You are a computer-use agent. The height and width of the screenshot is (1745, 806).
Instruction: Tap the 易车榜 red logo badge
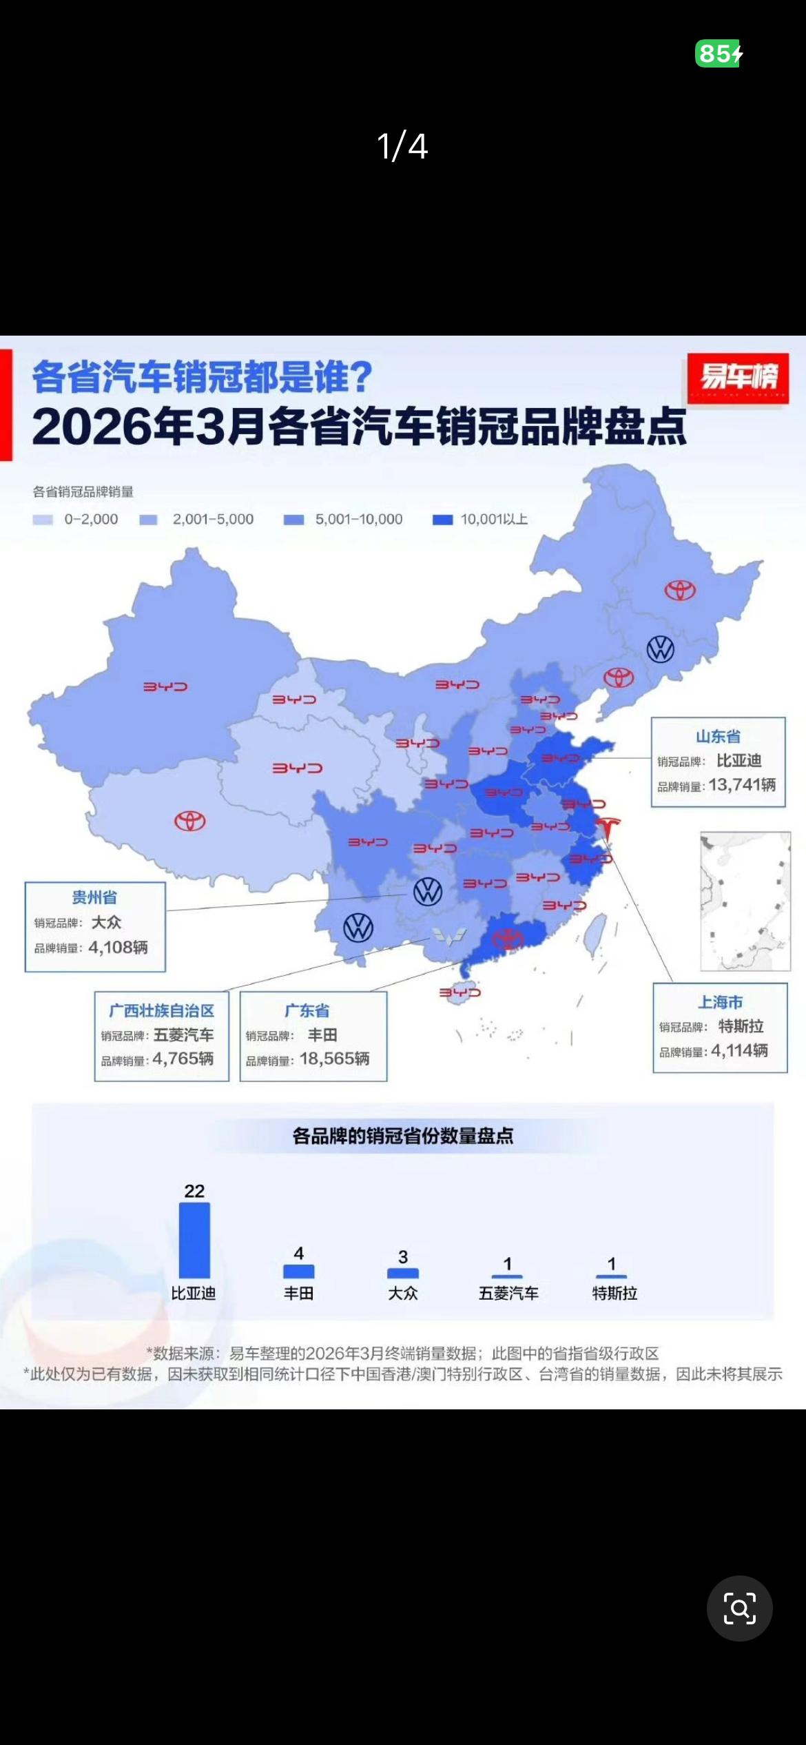tap(738, 378)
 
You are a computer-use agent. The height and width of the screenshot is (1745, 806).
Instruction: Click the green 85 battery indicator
tap(719, 53)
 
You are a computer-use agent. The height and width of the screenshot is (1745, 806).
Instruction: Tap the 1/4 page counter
tap(402, 146)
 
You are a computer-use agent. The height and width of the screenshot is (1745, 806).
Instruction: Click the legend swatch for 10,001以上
tap(442, 520)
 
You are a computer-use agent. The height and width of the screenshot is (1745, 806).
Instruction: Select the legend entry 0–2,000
tap(76, 520)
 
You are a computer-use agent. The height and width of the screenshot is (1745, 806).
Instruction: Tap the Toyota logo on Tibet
tap(189, 821)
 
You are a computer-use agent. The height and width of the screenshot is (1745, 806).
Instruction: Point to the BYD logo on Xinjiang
tap(165, 686)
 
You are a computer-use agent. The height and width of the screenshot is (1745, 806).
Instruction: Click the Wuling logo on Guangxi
tap(449, 935)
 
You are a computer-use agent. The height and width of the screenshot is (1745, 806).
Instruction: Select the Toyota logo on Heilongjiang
tap(680, 591)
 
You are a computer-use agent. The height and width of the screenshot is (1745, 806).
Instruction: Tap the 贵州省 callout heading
tap(94, 897)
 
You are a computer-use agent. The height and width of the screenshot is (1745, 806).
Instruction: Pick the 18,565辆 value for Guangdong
tap(334, 1059)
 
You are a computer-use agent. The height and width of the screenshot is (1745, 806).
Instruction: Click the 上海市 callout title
tap(721, 1002)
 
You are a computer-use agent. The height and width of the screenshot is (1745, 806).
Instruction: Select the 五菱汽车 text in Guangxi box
tap(183, 1035)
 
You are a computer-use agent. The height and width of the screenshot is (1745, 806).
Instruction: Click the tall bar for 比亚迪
tap(194, 1241)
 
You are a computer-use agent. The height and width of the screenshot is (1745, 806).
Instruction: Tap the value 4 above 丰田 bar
tap(298, 1253)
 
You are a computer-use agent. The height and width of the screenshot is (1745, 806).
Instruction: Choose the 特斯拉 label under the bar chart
tap(614, 1294)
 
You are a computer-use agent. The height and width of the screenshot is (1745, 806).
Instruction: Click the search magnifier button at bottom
tap(739, 1609)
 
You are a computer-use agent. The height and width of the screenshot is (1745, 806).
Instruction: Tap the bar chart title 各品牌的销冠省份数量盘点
tap(403, 1136)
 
